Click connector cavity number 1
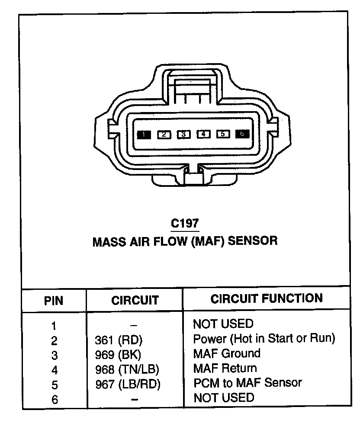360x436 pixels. (144, 135)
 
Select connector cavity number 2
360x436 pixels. (164, 135)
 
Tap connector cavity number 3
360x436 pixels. (183, 135)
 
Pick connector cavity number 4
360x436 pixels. (203, 134)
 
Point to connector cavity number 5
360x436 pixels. (222, 134)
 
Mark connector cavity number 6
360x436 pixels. (242, 134)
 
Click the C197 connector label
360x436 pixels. (185, 224)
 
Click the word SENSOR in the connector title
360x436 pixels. (252, 241)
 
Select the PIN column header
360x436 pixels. (54, 301)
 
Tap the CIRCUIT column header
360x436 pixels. (135, 300)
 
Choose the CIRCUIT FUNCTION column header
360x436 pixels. (267, 298)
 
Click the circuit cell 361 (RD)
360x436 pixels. (119, 340)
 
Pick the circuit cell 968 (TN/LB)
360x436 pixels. (127, 370)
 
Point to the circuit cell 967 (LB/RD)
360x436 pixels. (128, 385)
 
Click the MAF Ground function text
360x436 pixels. (227, 353)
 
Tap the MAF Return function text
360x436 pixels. (225, 369)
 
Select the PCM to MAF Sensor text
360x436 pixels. (247, 383)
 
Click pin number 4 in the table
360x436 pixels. (54, 370)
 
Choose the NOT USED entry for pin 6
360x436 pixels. (224, 398)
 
